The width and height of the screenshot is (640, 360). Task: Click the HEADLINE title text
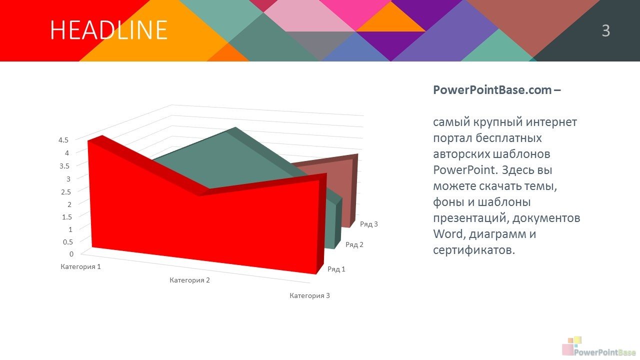108,29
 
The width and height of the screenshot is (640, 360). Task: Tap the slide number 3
605,30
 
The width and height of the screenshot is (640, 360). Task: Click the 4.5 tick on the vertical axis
63,140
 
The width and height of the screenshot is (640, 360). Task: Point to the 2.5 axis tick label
65,191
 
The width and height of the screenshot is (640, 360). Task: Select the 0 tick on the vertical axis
71,254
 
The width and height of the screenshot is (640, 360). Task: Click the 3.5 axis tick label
64,166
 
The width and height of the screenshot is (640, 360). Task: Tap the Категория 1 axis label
80,267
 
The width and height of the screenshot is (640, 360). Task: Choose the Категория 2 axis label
189,280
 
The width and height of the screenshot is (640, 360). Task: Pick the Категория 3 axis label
309,295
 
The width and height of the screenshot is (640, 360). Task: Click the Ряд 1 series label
336,269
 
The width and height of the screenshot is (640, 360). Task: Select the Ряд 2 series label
354,244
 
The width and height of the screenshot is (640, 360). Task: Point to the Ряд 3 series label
369,224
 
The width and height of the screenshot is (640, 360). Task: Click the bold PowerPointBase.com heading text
497,90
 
